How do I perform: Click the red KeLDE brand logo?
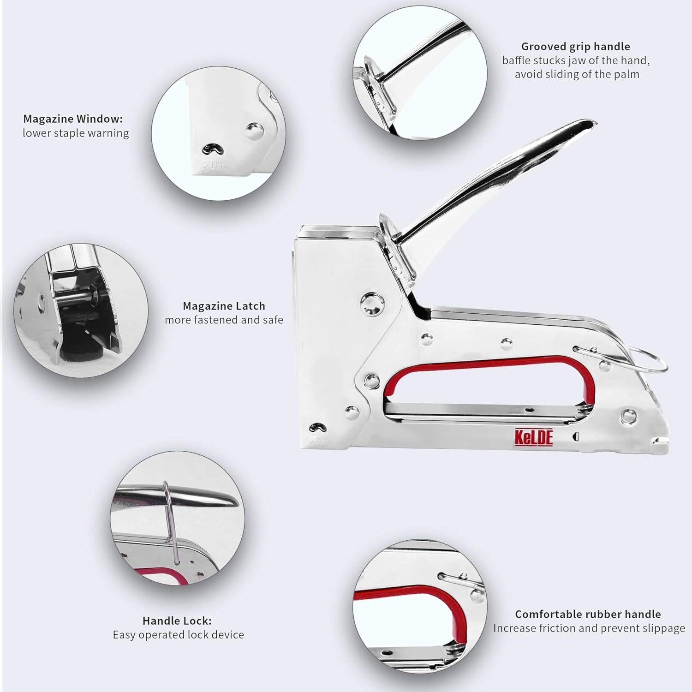click(533, 437)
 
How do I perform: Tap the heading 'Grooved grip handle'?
click(575, 47)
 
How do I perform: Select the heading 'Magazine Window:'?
click(73, 119)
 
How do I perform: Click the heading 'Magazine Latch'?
click(224, 306)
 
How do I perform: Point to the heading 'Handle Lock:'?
click(177, 621)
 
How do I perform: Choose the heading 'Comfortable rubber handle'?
click(588, 614)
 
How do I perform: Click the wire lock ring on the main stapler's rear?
click(650, 361)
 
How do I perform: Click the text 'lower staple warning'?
click(76, 133)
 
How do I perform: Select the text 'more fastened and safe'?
click(224, 320)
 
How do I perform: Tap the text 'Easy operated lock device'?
click(178, 635)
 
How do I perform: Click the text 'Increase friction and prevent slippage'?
click(589, 628)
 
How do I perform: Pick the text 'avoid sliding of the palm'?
click(577, 74)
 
